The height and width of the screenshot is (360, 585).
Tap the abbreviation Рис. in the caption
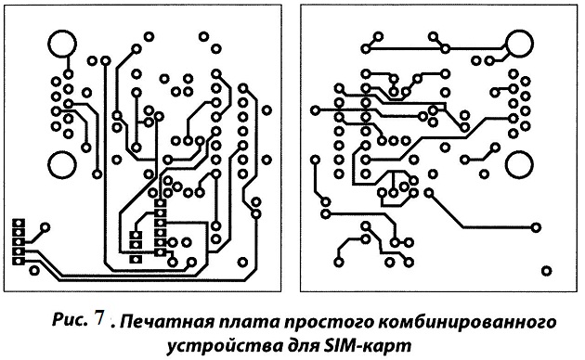pyautogui.click(x=70, y=319)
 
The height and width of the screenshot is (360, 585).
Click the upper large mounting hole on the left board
pyautogui.click(x=62, y=44)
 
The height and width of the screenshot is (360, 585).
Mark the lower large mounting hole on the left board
pyautogui.click(x=62, y=165)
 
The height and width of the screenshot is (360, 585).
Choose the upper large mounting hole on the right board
pyautogui.click(x=520, y=44)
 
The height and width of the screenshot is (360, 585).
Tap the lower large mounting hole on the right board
pyautogui.click(x=520, y=165)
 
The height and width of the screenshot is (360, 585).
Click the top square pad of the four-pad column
pyautogui.click(x=19, y=224)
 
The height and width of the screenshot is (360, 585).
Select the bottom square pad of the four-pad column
pyautogui.click(x=19, y=261)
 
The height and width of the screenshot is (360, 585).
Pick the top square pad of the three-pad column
pyautogui.click(x=136, y=235)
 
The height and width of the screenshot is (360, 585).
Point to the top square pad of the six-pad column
pyautogui.click(x=161, y=203)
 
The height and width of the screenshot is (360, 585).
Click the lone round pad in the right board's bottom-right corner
pyautogui.click(x=546, y=271)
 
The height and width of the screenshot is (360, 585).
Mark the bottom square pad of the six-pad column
pyautogui.click(x=161, y=252)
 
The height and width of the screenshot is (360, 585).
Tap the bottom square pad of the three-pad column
pyautogui.click(x=136, y=259)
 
